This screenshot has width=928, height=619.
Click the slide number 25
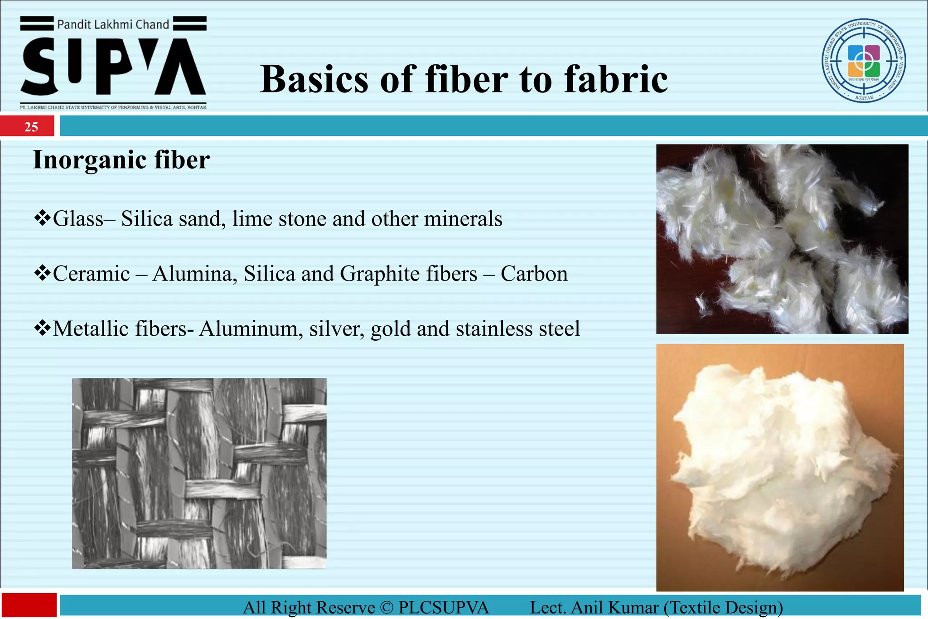point(31,127)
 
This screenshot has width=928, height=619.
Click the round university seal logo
point(864,61)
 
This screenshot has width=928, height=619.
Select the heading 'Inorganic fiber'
point(121,160)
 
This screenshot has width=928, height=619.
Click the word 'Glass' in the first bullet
point(78,219)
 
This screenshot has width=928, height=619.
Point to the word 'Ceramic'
point(92,274)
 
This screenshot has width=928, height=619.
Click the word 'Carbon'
point(534,274)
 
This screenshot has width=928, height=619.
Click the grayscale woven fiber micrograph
point(199,474)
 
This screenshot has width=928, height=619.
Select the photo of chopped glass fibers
point(782,239)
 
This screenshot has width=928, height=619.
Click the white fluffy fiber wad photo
point(780,467)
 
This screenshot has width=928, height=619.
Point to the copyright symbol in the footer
point(387,608)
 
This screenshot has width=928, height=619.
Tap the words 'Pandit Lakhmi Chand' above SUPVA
point(113,24)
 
